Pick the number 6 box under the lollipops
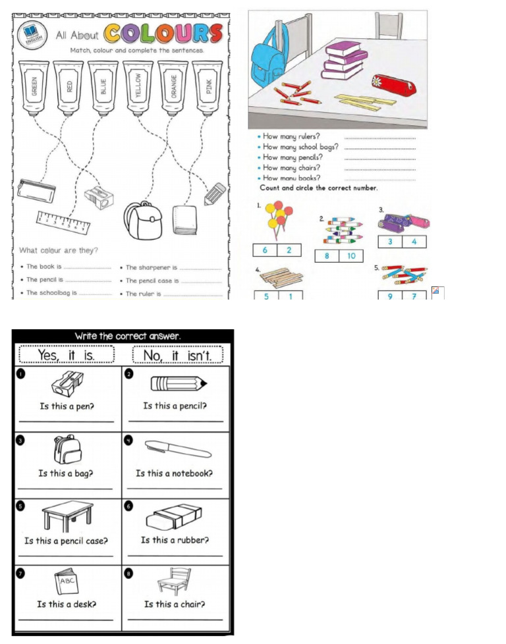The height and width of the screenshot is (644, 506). pos(266,250)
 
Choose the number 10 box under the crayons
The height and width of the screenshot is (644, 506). pos(351,256)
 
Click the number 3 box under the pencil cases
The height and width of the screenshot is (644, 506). pos(389,242)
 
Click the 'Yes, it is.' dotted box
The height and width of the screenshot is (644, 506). pos(67,355)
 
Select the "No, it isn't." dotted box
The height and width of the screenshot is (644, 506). pos(178,355)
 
